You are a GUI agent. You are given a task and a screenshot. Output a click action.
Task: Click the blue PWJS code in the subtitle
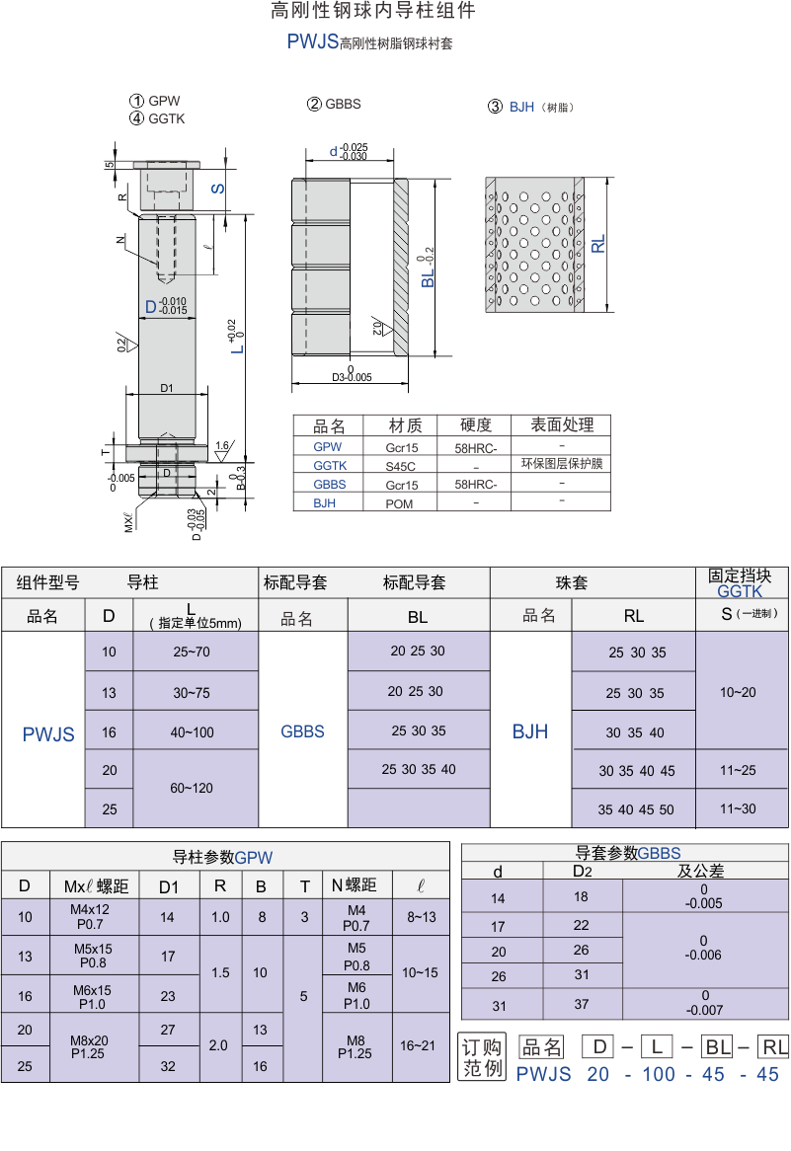[312, 41]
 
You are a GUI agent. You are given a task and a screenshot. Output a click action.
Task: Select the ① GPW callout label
[155, 102]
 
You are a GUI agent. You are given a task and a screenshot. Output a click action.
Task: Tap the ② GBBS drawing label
[334, 105]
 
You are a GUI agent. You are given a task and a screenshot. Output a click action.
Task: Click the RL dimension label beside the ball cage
[598, 245]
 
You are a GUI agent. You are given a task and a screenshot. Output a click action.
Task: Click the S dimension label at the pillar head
[218, 189]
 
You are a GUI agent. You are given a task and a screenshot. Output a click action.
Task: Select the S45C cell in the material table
[400, 466]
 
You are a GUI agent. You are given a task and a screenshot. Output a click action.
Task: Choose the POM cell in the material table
[400, 504]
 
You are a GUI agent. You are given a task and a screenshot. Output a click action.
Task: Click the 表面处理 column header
[562, 425]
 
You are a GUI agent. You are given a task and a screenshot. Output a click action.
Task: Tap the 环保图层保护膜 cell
[562, 464]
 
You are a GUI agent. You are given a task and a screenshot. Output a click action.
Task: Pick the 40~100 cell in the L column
[193, 732]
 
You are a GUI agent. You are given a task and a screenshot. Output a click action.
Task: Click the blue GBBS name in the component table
[302, 731]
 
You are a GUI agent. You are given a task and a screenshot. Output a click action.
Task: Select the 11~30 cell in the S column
[738, 808]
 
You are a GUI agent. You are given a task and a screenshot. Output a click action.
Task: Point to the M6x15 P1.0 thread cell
[93, 997]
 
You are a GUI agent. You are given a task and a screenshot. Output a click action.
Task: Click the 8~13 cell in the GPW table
[422, 918]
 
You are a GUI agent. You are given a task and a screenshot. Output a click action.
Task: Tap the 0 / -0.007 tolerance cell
[704, 1003]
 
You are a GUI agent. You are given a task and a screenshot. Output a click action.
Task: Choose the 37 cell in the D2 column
[582, 1004]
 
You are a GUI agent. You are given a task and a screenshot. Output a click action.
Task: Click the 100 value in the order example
[659, 1075]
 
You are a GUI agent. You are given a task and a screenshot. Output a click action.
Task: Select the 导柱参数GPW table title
[222, 858]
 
